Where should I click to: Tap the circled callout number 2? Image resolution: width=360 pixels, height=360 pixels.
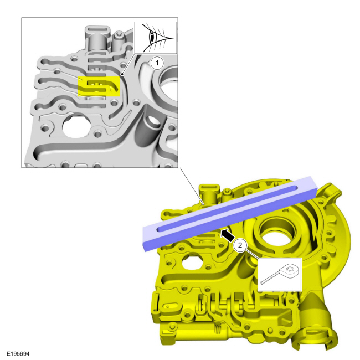[x=240, y=244]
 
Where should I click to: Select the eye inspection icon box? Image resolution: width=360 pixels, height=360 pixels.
[x=156, y=37]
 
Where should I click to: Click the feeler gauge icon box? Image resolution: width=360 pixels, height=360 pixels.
[x=280, y=274]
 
